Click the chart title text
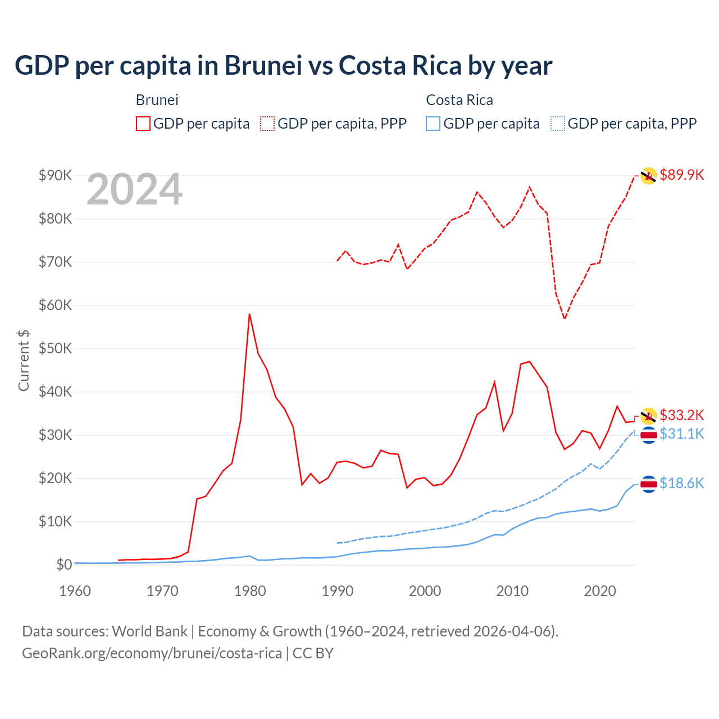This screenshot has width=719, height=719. (x=284, y=66)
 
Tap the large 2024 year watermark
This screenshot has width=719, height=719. (x=134, y=190)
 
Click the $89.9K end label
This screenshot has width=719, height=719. (x=681, y=175)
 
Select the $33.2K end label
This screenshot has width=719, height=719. (x=681, y=415)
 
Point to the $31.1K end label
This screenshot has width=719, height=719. (x=681, y=434)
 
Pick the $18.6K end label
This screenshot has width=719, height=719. (x=681, y=483)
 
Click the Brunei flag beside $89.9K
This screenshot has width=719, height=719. (x=649, y=176)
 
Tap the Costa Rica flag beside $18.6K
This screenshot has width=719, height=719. (x=649, y=484)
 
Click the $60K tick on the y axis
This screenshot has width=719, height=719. (x=56, y=305)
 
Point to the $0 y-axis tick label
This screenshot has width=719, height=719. (x=64, y=565)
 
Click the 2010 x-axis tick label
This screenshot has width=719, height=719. (x=512, y=591)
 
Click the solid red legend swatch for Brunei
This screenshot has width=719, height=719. (x=143, y=124)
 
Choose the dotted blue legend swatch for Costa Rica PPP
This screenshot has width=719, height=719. (x=558, y=124)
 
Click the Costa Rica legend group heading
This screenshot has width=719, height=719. (x=459, y=100)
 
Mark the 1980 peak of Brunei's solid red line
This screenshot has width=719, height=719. (x=249, y=314)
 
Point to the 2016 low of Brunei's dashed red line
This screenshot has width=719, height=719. (x=565, y=318)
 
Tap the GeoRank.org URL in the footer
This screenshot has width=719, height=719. (x=152, y=653)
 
